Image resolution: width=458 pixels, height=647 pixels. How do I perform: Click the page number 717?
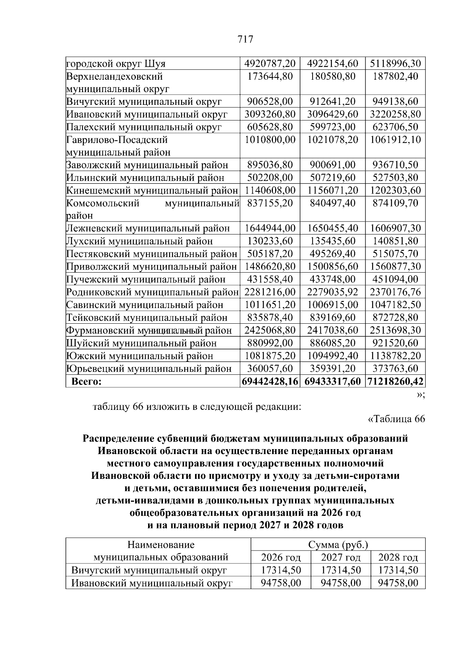pos(245,39)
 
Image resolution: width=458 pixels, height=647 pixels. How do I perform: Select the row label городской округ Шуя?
pos(116,63)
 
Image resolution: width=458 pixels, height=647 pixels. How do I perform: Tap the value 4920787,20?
pos(270,63)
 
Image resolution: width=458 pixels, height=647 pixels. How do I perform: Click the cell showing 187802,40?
pos(395,76)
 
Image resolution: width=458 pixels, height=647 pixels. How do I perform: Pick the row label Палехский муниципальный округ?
pos(144,127)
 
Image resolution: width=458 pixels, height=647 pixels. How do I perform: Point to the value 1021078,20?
pos(332,140)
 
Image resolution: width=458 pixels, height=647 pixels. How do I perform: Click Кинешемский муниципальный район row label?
pos(152,190)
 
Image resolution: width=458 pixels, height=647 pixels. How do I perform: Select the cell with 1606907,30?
pos(395,228)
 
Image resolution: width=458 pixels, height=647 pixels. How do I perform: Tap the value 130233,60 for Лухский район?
pos(270,241)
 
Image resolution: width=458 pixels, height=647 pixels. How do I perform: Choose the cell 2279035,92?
pos(332,292)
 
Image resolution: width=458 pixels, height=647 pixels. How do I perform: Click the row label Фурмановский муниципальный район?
pos(149,330)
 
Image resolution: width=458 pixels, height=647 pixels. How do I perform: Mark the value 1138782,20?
pos(395,356)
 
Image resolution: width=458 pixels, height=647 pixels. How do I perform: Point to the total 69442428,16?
pos(270,381)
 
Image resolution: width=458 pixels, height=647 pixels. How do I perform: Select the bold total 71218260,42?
pos(395,381)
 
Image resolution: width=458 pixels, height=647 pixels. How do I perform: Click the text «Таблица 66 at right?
pos(396,419)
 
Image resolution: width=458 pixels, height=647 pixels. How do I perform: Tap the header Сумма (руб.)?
pos(338,544)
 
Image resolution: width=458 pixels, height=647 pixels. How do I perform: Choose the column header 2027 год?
pos(340,557)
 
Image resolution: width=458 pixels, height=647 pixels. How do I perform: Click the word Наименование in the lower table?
pos(161,544)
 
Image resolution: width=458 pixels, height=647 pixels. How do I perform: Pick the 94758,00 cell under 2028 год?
pos(398,583)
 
